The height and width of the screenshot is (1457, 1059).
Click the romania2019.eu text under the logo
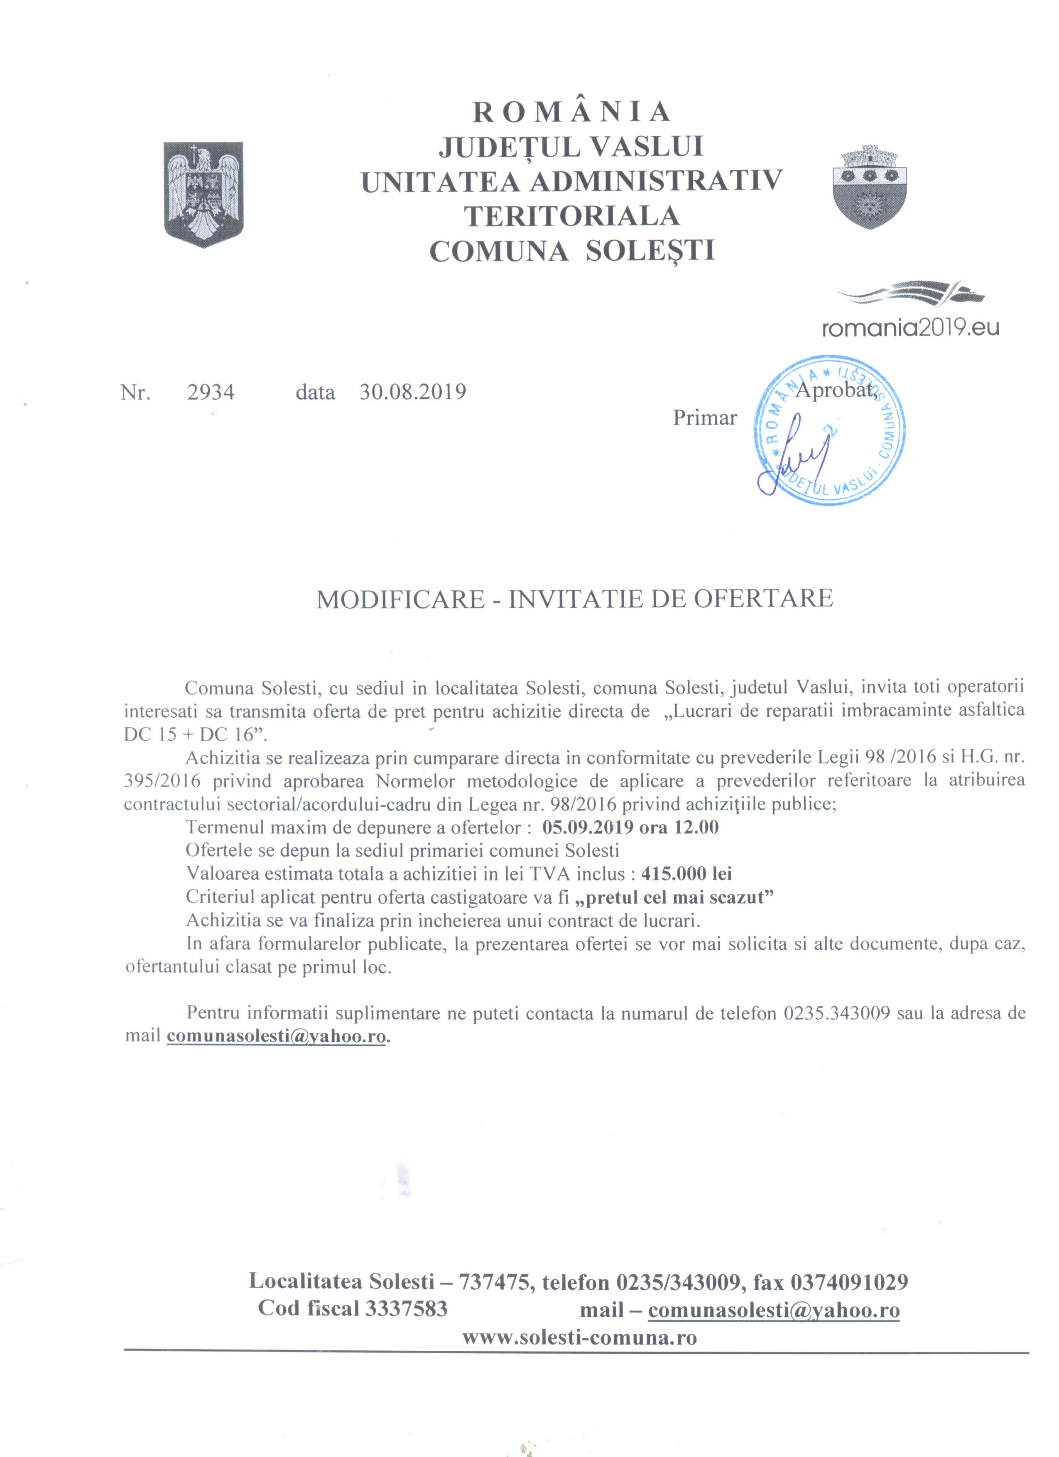click(911, 328)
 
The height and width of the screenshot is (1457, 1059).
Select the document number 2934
click(211, 392)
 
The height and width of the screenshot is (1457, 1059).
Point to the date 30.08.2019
click(412, 392)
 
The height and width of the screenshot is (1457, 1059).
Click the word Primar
click(704, 418)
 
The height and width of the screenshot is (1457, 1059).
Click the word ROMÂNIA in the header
click(572, 112)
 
